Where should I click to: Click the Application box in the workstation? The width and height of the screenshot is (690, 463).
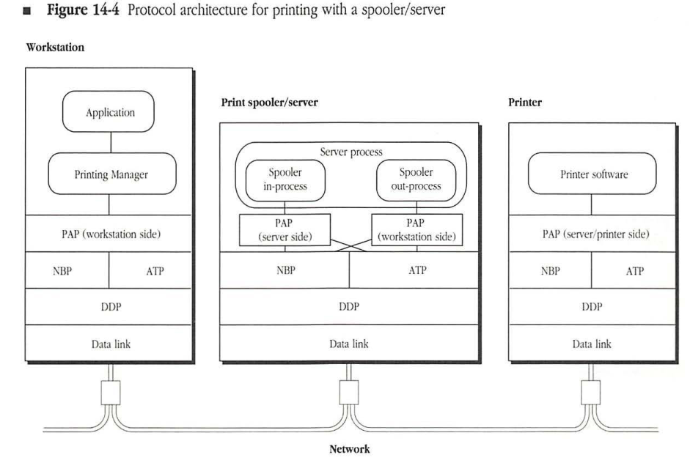tap(109, 114)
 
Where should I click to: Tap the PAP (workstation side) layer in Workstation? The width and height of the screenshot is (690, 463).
tap(109, 234)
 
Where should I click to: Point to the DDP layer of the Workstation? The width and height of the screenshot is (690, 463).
tap(109, 307)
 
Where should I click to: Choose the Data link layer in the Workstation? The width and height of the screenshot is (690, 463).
tap(109, 344)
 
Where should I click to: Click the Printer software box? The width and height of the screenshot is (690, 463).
tap(592, 174)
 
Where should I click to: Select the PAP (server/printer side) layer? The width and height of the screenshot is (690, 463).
tap(592, 234)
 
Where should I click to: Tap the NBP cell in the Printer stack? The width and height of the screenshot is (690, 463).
tap(550, 270)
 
